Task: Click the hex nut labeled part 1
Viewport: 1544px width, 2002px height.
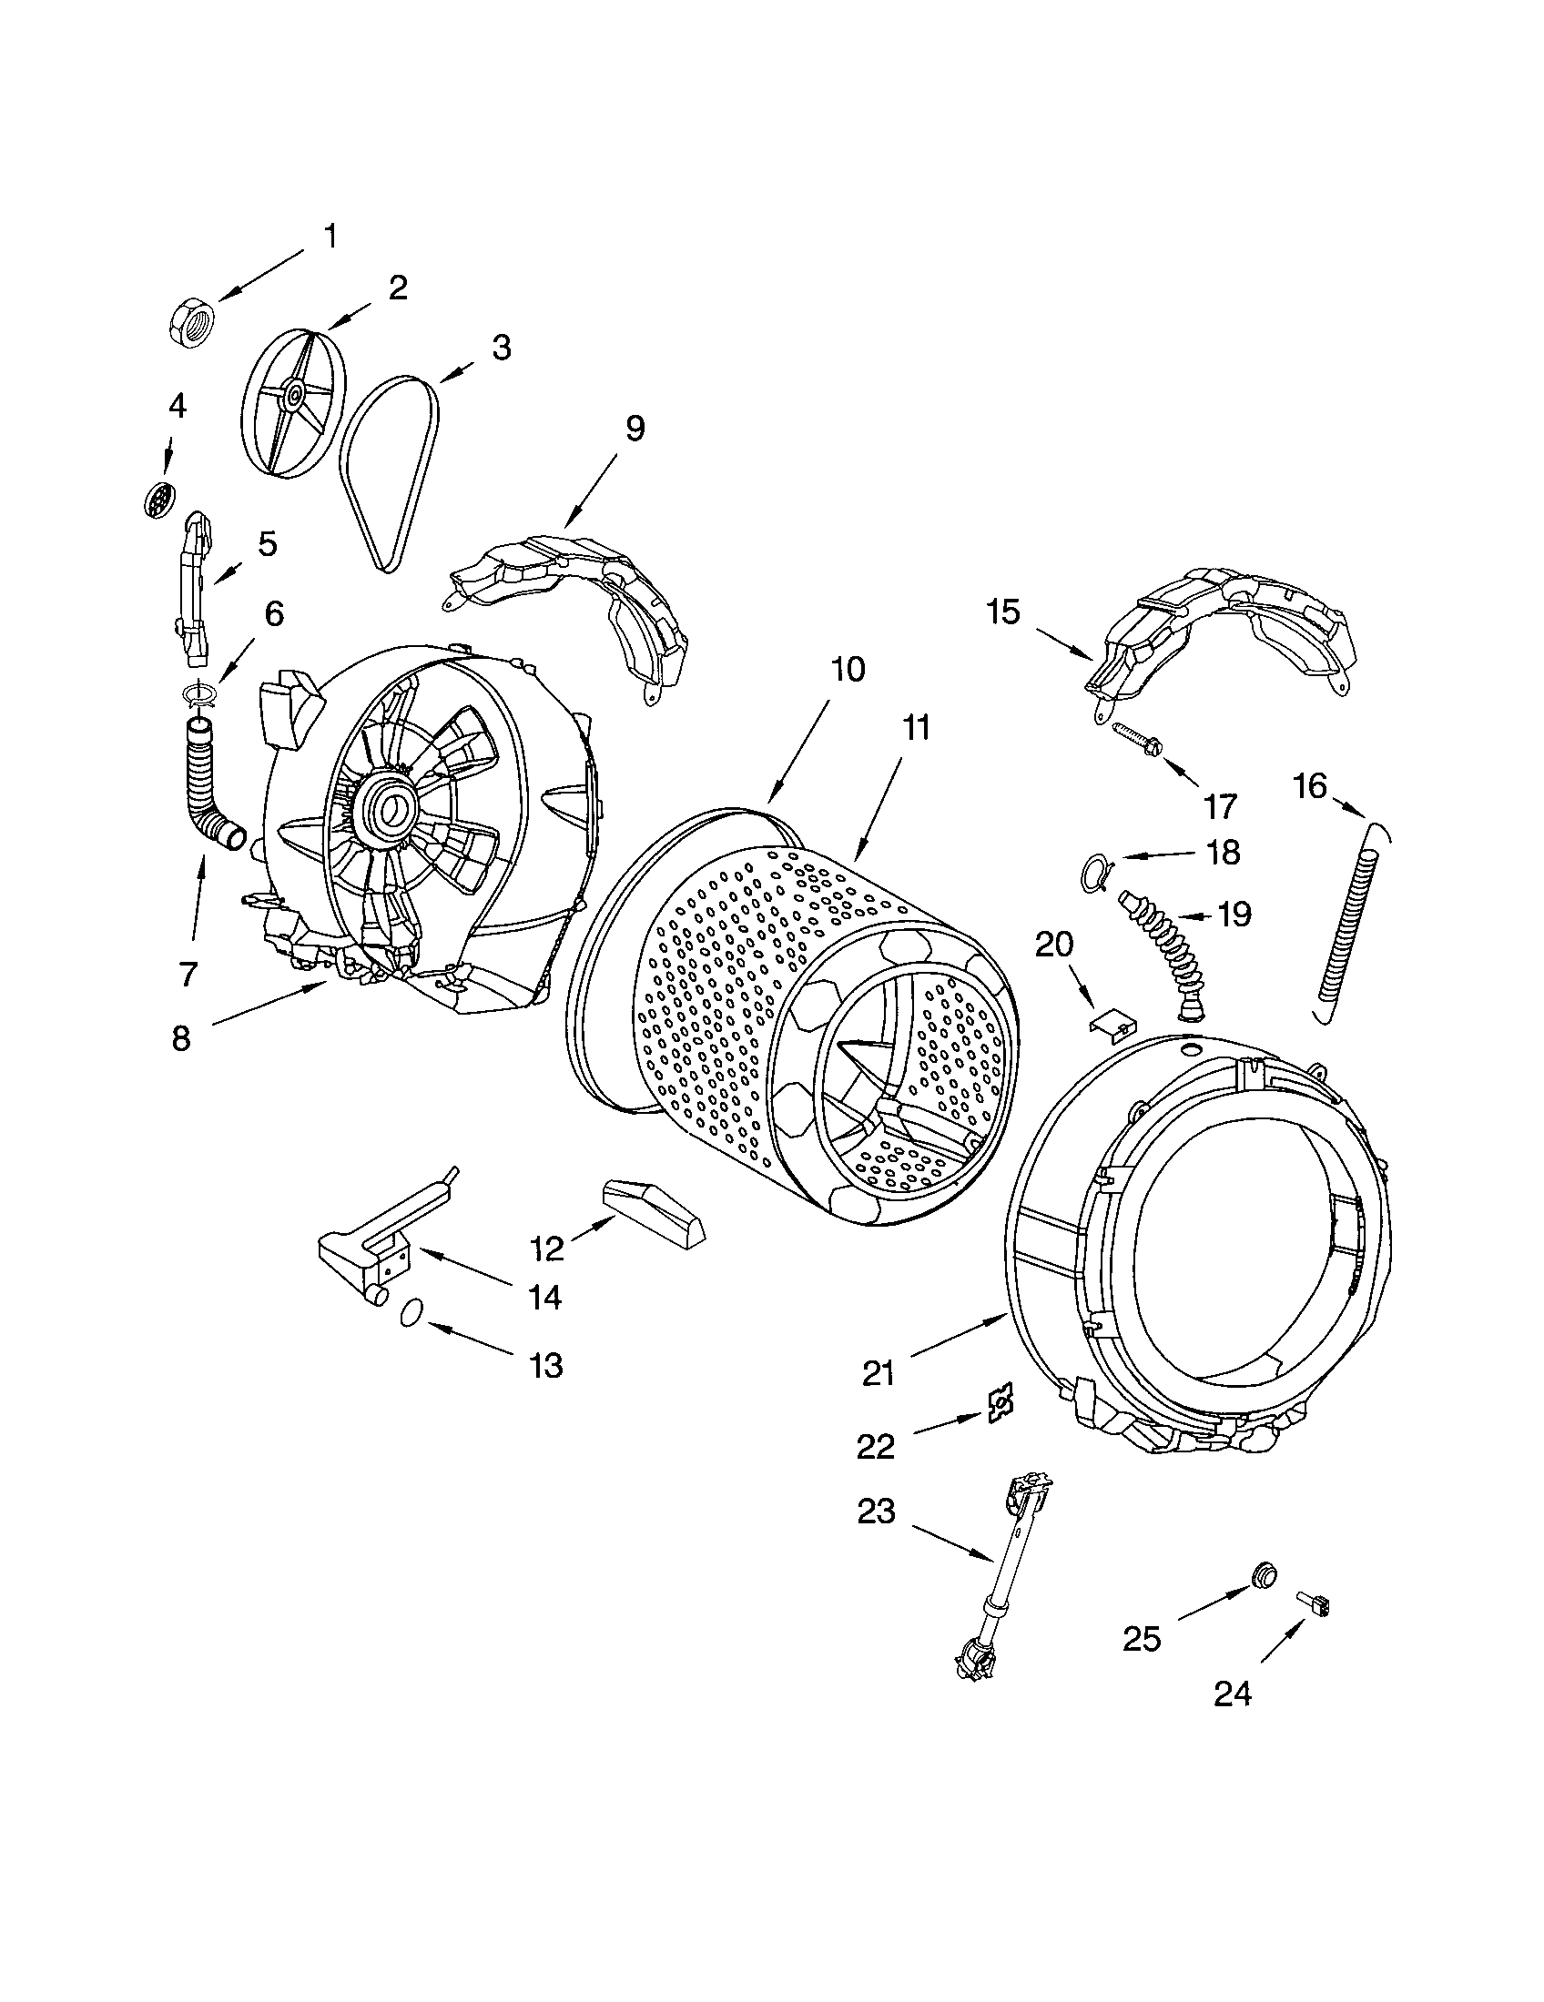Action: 192,320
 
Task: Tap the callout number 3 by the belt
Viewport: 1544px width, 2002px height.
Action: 501,348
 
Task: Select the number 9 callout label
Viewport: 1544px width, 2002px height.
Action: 635,428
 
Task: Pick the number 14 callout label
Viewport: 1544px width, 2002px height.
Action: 545,1297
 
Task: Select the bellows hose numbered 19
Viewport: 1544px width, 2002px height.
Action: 1160,954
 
